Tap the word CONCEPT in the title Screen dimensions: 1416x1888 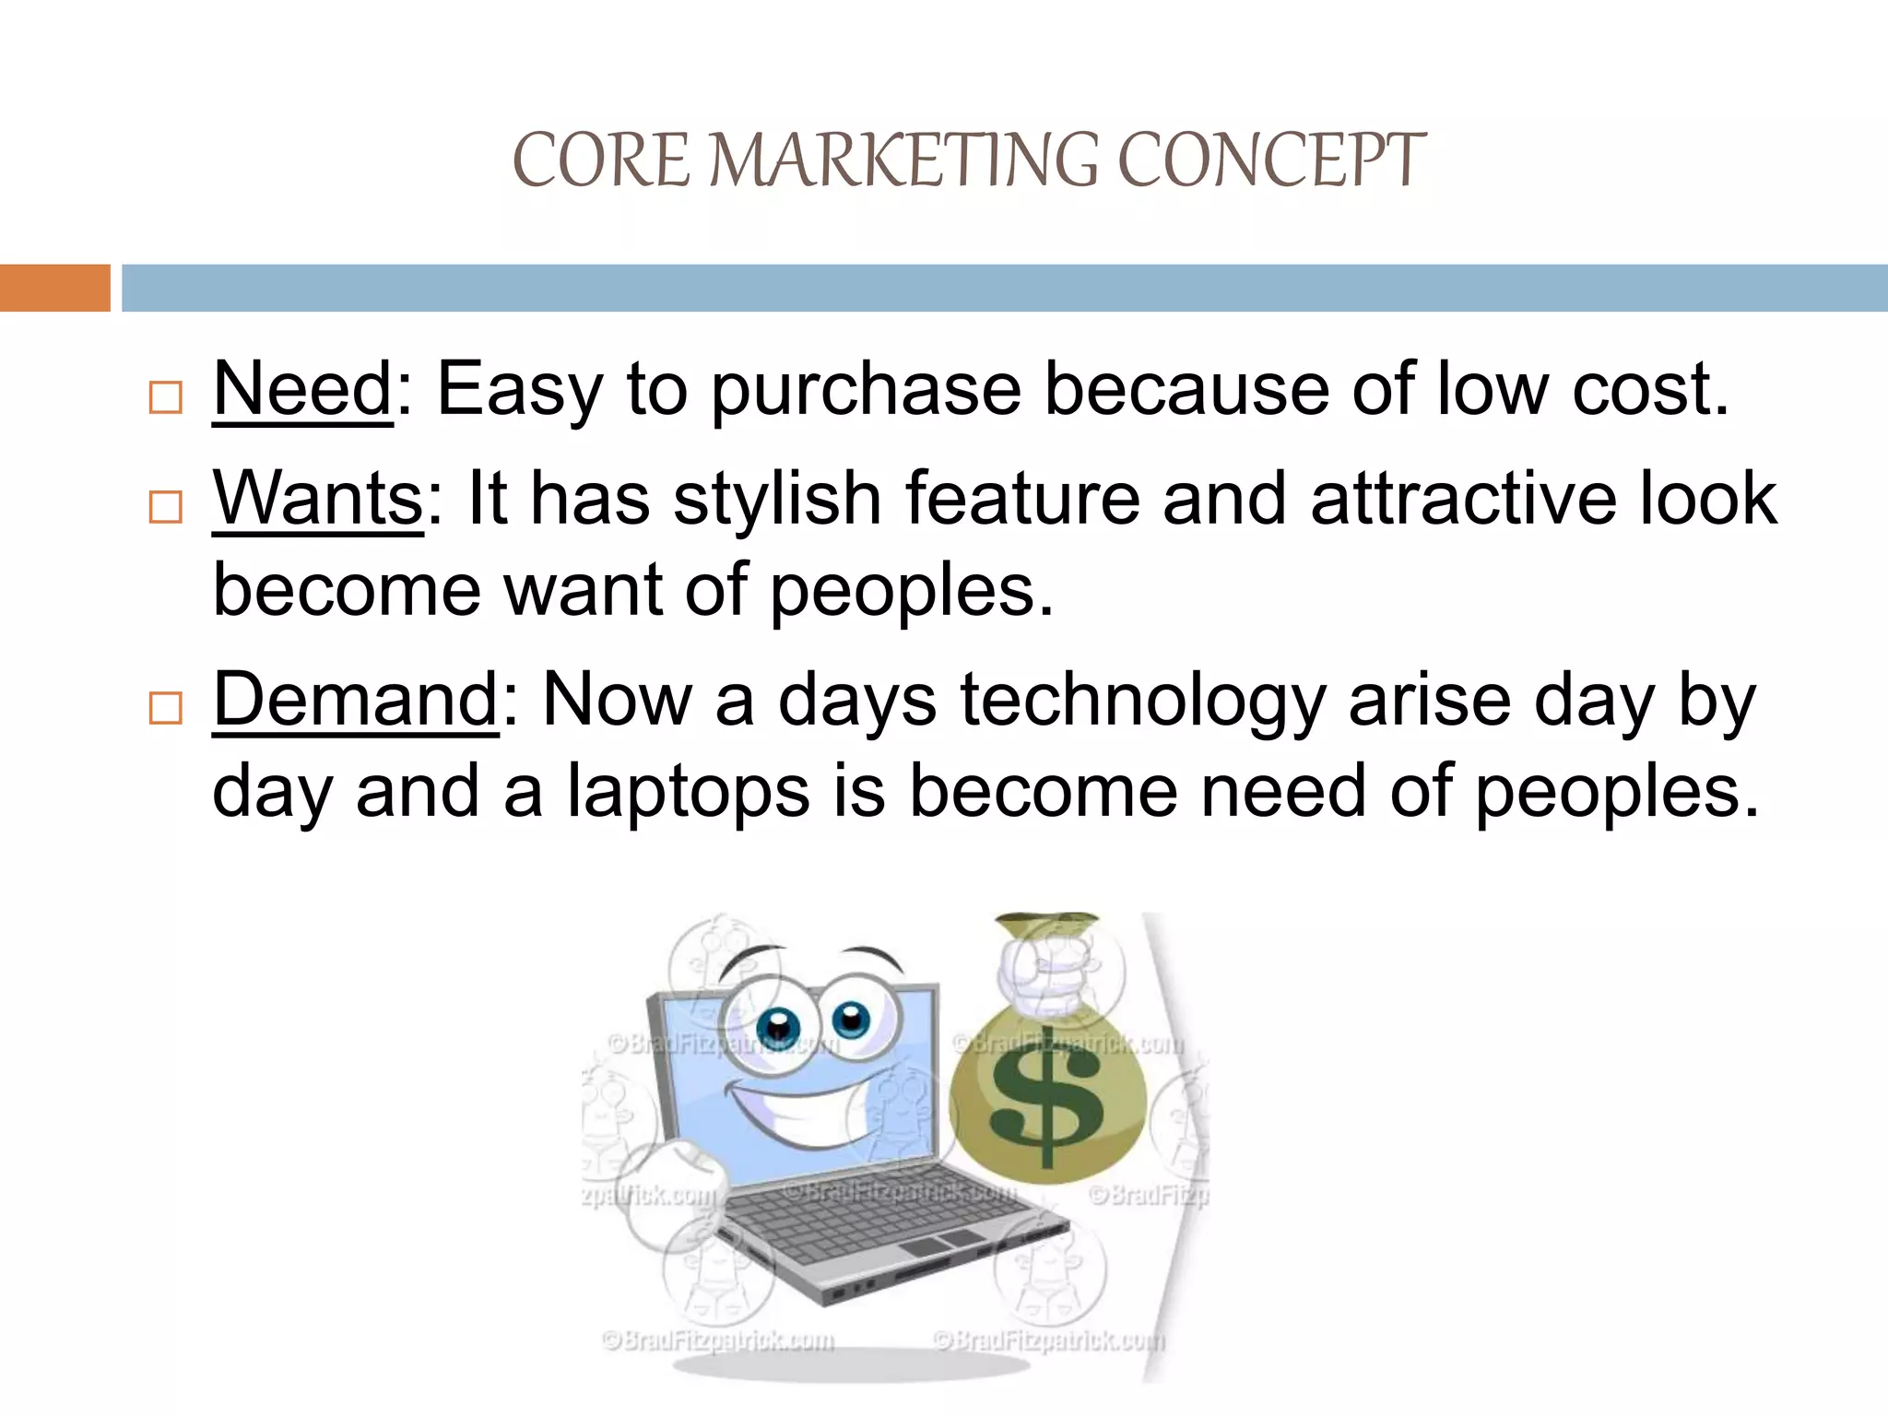point(1272,160)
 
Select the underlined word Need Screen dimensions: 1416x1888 point(302,390)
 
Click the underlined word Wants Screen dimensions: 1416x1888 point(317,499)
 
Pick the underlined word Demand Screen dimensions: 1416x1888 point(356,701)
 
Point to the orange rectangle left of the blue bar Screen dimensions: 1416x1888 point(54,288)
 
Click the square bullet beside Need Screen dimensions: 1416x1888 point(166,397)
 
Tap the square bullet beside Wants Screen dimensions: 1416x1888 point(166,506)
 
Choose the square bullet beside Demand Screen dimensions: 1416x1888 point(166,708)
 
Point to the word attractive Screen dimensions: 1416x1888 point(1463,499)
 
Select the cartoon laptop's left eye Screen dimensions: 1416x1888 point(779,1027)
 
